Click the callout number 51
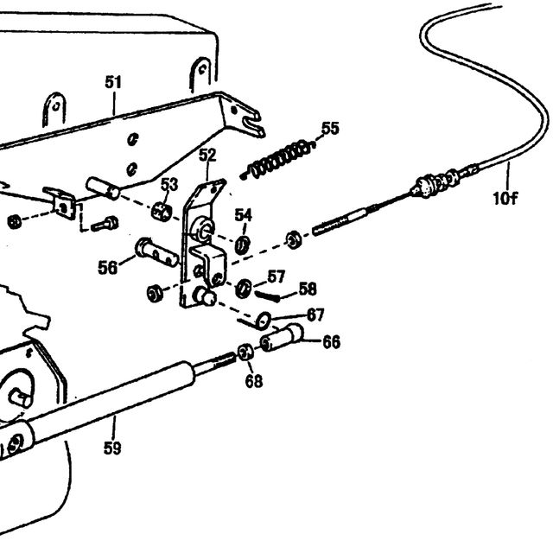(x=113, y=82)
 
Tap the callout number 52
(x=207, y=155)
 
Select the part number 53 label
(x=169, y=184)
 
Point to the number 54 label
(x=244, y=215)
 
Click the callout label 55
(x=330, y=129)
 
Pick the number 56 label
(x=107, y=267)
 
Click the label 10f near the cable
(x=505, y=198)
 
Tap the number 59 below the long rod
(x=112, y=448)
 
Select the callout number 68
(x=254, y=381)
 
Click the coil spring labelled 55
(x=277, y=159)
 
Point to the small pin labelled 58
(x=267, y=296)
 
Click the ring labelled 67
(x=264, y=321)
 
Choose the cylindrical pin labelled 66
(x=282, y=338)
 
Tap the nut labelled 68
(x=245, y=353)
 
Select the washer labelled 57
(x=244, y=288)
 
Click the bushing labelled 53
(x=162, y=212)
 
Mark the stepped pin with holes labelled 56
(x=156, y=251)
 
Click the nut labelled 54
(x=242, y=245)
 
